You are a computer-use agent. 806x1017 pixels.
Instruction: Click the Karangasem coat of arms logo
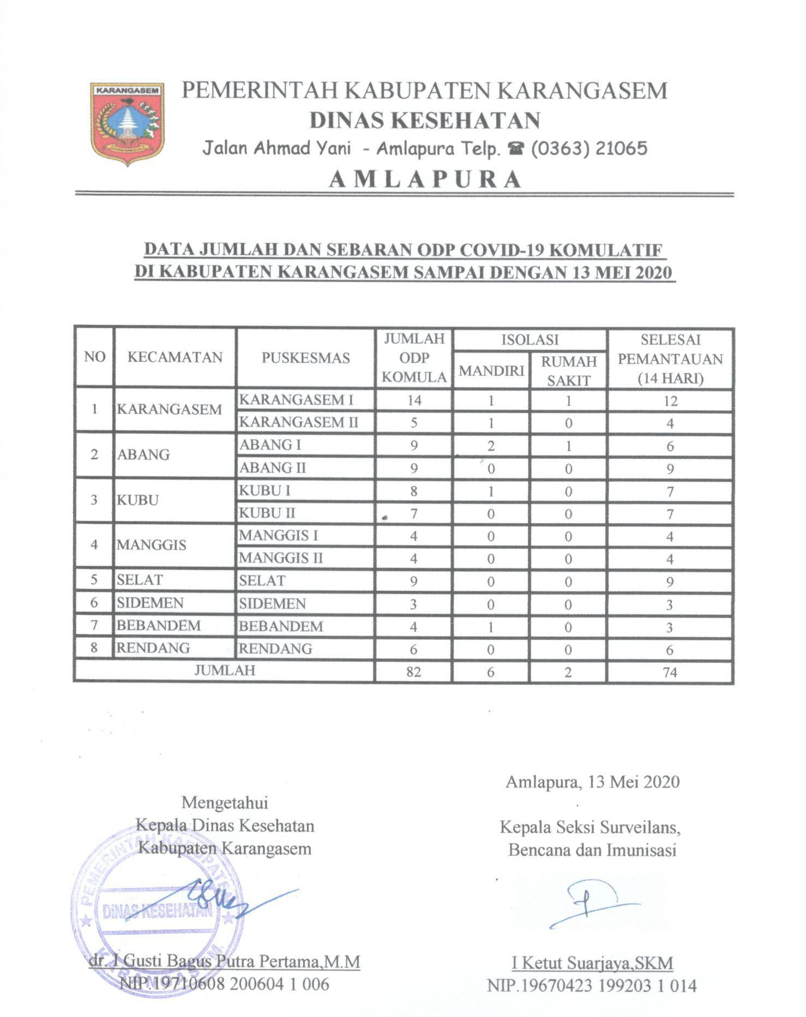pos(128,124)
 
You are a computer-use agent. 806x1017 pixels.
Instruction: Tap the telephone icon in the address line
pos(513,149)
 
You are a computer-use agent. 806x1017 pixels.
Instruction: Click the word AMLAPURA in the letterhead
pos(425,179)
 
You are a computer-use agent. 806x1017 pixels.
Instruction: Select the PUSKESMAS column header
pos(305,358)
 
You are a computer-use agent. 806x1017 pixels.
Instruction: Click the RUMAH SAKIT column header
pos(568,371)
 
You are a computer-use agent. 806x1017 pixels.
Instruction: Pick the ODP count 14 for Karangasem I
pos(414,400)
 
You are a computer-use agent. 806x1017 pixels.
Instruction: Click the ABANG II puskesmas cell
pos(273,468)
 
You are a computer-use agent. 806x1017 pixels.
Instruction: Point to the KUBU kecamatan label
pos(137,500)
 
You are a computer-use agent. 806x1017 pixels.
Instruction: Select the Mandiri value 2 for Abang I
pos(491,446)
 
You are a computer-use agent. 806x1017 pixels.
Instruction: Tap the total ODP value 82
pos(413,671)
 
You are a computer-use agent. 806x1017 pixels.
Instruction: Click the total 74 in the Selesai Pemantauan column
pos(670,672)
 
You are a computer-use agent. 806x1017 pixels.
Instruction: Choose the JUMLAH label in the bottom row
pos(225,670)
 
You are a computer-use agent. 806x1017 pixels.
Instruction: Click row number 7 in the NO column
pos(94,625)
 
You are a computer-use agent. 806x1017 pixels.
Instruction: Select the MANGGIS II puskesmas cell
pos(281,558)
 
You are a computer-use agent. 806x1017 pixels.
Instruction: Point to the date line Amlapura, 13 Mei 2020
pos(592,782)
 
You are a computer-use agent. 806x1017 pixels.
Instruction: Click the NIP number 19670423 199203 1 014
pos(592,985)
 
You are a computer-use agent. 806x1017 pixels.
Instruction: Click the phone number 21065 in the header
pos(621,148)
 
